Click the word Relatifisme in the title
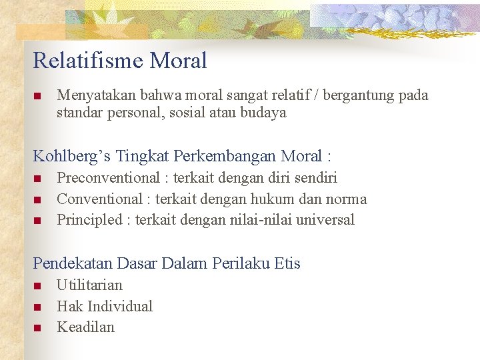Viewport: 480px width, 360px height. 89,61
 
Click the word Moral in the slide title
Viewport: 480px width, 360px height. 179,61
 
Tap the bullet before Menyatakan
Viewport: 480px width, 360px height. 37,96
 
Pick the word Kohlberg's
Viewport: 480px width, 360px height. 71,156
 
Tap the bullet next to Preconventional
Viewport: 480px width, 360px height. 37,179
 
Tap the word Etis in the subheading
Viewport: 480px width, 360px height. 287,263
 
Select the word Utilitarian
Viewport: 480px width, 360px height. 89,285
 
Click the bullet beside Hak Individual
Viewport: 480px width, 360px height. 37,307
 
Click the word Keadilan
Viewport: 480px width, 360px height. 85,327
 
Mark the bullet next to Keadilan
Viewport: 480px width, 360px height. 37,327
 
